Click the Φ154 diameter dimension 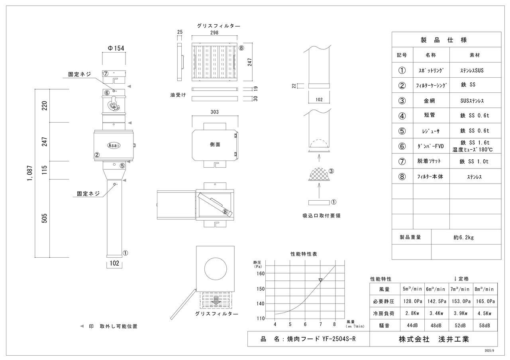point(116,48)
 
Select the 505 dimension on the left point(44,218)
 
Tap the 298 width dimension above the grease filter point(214,33)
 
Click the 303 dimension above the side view point(214,112)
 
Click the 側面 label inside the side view point(215,144)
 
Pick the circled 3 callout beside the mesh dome point(331,171)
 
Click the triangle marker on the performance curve point(320,280)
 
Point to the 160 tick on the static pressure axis point(260,273)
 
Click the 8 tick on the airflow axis point(335,324)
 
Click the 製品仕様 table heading point(446,40)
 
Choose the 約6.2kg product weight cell point(463,237)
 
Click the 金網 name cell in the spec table point(429,101)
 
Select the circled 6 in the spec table point(402,146)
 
